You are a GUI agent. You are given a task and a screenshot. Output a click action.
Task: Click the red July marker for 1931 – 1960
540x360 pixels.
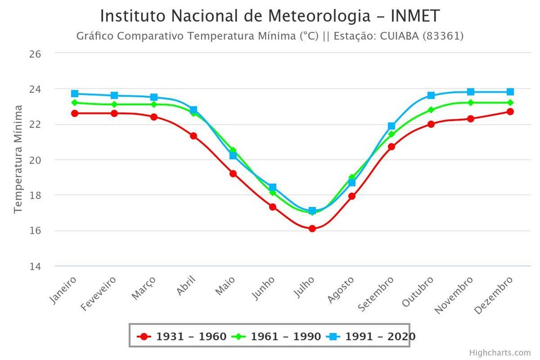click(x=312, y=229)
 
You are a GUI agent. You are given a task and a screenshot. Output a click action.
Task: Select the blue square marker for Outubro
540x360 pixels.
click(x=431, y=96)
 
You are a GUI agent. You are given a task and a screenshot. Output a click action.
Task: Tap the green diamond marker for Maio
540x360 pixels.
click(x=233, y=151)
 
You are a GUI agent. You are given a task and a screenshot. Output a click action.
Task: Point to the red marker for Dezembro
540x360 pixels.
click(x=510, y=112)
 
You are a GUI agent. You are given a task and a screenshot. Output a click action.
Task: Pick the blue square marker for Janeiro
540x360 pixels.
click(x=75, y=94)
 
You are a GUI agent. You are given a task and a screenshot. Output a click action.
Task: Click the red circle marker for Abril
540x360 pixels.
click(x=193, y=136)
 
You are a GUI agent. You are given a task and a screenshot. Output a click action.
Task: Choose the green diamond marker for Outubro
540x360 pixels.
click(x=431, y=110)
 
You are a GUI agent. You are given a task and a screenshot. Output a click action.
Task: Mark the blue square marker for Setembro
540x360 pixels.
click(x=391, y=126)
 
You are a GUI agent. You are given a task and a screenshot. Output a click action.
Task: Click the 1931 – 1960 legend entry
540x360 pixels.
click(x=182, y=337)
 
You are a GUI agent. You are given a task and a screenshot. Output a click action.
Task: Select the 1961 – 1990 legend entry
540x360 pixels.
click(x=277, y=337)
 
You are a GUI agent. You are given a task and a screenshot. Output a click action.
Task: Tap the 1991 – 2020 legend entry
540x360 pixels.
click(x=372, y=337)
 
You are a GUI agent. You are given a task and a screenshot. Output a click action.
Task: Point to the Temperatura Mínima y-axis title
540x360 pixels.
click(x=18, y=160)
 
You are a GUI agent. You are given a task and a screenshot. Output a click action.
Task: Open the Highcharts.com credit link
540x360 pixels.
click(x=500, y=352)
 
